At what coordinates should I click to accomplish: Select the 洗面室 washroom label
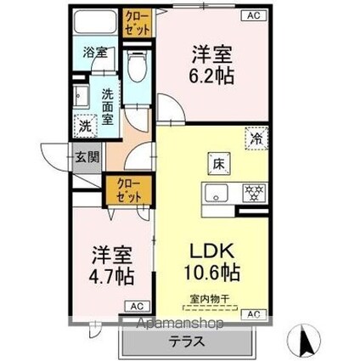(109, 107)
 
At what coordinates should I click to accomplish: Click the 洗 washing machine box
(85, 124)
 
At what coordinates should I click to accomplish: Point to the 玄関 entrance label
(85, 157)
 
